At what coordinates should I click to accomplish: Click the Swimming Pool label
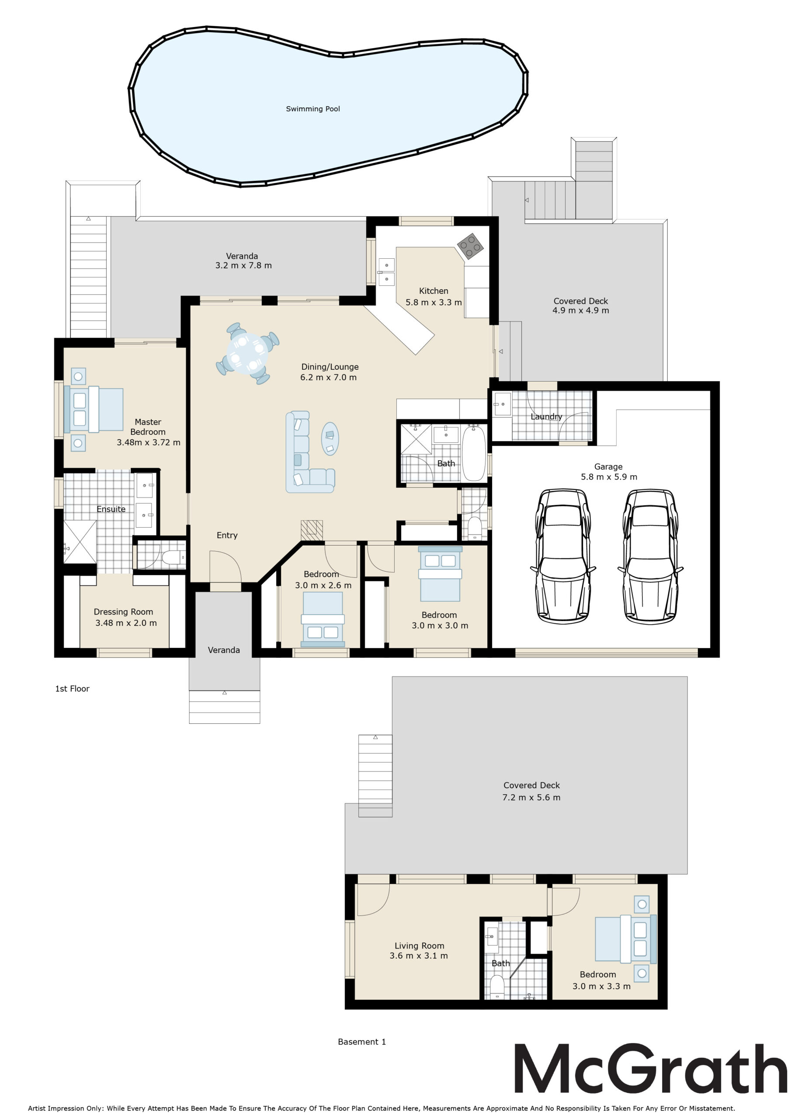313,109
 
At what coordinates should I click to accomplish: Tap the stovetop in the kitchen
470,246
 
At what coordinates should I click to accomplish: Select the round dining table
247,353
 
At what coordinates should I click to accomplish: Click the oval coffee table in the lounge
330,438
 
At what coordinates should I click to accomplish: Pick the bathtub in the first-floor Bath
474,453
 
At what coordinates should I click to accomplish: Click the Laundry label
546,417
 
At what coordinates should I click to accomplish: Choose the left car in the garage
563,556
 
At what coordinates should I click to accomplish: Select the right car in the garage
650,556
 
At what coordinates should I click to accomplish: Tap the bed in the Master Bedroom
94,410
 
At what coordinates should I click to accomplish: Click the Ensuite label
111,509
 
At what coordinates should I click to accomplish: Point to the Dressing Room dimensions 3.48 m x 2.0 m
126,623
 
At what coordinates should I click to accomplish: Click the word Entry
227,535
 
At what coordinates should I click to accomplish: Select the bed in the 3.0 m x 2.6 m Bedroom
323,622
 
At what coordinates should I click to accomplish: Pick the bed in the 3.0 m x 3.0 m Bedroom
440,573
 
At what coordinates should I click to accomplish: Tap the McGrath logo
651,1068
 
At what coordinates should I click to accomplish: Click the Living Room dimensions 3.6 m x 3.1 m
419,956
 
